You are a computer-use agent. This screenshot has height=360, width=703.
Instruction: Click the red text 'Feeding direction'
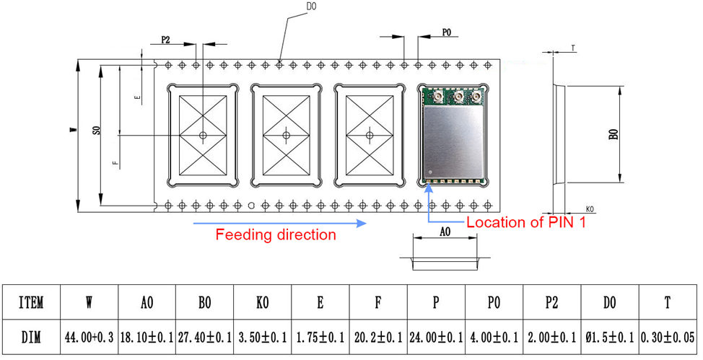[x=276, y=235]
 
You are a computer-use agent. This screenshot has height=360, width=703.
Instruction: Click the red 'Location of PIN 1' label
[x=526, y=222]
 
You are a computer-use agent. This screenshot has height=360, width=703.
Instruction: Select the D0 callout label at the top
[x=311, y=6]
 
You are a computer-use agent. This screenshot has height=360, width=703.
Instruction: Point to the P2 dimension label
[x=165, y=40]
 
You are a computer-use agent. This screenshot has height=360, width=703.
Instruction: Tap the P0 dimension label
[x=446, y=32]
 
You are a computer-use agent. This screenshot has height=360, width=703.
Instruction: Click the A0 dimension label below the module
[x=445, y=233]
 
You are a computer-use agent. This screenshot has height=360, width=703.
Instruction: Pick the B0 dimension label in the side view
[x=613, y=135]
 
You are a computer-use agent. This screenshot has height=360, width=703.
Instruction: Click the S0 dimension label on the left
[x=96, y=131]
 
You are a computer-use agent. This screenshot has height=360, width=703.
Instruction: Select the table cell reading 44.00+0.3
[x=89, y=338]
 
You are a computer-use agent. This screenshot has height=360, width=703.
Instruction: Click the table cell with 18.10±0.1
[x=147, y=338]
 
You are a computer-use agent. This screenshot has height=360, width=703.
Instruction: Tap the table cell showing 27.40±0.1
[x=205, y=338]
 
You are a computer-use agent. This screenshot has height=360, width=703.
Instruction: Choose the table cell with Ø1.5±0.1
[x=610, y=338]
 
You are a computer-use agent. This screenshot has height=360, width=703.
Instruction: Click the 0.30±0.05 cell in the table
[x=668, y=338]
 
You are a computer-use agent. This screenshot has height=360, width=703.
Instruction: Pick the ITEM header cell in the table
[x=31, y=303]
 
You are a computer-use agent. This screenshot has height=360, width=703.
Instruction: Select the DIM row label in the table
[x=31, y=338]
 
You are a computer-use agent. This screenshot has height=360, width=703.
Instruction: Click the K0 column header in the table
[x=263, y=303]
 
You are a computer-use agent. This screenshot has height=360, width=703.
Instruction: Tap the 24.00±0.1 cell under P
[x=436, y=338]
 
